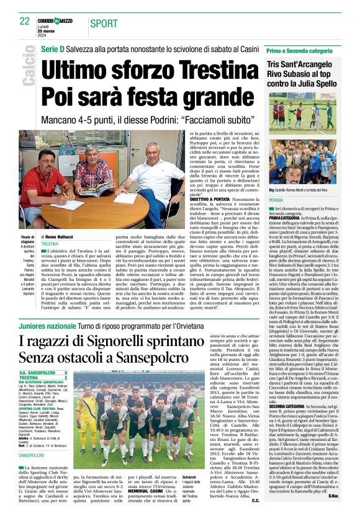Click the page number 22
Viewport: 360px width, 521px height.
click(x=25, y=20)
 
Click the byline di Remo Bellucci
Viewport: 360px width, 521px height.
click(x=61, y=237)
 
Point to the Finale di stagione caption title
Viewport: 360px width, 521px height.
click(x=29, y=239)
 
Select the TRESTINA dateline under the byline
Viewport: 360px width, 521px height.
click(x=50, y=244)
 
